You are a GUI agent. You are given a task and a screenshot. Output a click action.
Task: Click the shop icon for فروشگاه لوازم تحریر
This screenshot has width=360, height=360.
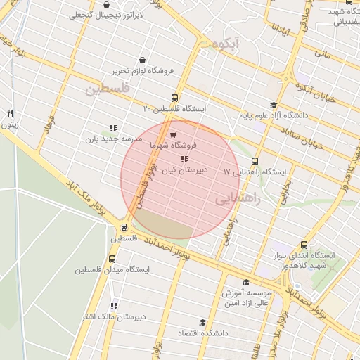pos(143,60)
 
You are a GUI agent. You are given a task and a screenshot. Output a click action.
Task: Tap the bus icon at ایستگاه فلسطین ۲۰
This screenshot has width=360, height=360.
pos(175,98)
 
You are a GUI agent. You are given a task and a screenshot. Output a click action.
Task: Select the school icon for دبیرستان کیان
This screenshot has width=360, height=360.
pos(184,160)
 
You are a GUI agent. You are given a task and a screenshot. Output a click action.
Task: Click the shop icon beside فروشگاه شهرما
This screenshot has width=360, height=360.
pos(173,134)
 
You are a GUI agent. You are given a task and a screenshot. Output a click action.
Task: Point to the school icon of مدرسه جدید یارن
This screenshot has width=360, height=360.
pos(112,129)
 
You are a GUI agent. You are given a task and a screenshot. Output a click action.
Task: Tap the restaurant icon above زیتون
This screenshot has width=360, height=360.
pos(10,113)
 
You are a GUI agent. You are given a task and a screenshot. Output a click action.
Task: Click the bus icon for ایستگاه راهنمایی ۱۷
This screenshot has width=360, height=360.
pos(255,161)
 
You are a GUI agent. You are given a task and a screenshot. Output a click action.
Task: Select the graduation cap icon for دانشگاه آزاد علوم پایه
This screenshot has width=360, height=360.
pos(274,104)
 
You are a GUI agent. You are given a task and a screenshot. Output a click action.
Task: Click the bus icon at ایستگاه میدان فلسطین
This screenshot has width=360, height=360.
pos(112,259)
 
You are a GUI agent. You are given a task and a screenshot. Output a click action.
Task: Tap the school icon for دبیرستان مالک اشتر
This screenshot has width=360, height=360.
pos(114,306)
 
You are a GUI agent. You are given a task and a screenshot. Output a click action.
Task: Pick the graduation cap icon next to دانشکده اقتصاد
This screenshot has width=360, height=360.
pos(202,322)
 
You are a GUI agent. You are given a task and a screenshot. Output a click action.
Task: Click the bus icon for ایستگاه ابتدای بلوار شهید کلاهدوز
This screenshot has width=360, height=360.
pos(304,245)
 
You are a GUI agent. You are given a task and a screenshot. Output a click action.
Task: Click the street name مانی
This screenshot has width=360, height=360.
pos(322,52)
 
